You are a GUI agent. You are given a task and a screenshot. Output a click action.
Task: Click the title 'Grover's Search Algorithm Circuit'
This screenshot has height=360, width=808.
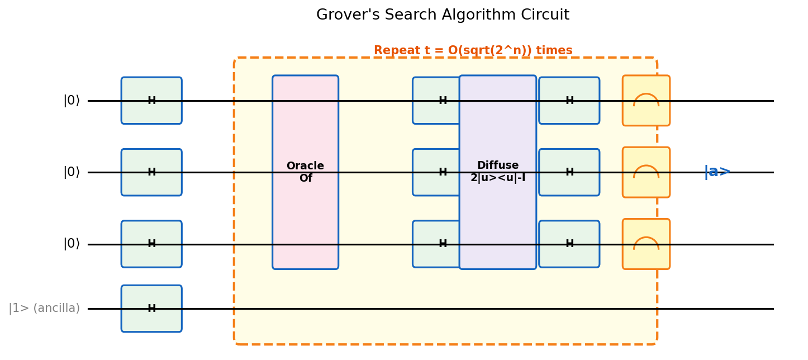pos(443,15)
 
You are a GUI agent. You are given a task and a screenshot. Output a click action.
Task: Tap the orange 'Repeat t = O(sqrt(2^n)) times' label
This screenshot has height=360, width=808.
pos(473,51)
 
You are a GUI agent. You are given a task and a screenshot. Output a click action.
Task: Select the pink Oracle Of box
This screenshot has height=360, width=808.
pos(305,172)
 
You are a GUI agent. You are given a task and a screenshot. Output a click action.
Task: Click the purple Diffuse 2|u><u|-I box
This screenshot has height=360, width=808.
pos(497,172)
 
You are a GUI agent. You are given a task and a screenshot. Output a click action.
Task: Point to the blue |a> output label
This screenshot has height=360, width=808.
pos(717,172)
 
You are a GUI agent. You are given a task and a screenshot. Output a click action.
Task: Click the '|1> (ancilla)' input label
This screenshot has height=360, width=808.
pos(44,309)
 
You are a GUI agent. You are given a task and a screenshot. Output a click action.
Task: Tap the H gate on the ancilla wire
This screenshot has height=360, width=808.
pos(151,309)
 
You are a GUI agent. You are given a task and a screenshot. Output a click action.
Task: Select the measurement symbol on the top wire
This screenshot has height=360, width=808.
pos(646,101)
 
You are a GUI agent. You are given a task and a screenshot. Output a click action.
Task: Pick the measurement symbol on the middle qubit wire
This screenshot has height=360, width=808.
pos(646,172)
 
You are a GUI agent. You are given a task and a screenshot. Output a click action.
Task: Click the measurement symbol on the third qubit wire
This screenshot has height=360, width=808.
pos(646,244)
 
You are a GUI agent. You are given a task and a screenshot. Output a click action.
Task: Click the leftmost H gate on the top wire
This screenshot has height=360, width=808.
pos(151,101)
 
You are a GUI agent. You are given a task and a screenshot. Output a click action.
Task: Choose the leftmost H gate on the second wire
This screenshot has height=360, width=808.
pos(151,172)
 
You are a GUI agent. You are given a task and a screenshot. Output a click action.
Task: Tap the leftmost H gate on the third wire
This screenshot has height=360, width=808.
pos(151,244)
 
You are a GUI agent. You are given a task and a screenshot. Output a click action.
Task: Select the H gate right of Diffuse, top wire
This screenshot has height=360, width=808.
pos(569,101)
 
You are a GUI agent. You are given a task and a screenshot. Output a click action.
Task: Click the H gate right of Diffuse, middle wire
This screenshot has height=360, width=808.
pos(569,172)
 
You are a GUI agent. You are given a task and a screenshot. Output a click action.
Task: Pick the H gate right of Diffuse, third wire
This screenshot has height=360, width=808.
pos(569,244)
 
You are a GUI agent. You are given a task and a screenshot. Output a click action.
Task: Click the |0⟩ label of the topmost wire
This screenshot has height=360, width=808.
pos(72,101)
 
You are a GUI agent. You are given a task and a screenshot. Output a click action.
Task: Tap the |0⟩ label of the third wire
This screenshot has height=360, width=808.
pos(72,244)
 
